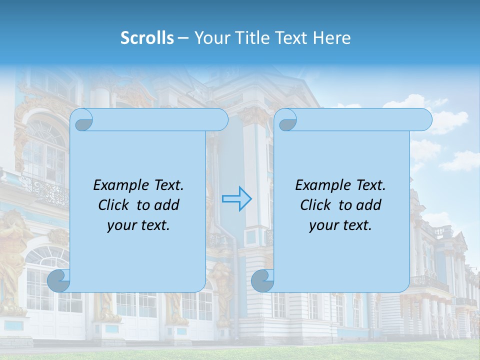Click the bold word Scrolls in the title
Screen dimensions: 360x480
(x=147, y=38)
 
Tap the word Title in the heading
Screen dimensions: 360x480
(x=250, y=38)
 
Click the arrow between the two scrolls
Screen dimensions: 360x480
(x=236, y=199)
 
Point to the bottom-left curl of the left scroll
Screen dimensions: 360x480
(x=59, y=280)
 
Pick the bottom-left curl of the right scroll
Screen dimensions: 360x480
(x=263, y=280)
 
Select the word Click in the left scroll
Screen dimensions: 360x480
(x=114, y=205)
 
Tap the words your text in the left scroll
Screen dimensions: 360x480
(x=138, y=225)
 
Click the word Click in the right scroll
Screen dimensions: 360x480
(x=316, y=205)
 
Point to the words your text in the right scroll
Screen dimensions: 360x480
(x=340, y=225)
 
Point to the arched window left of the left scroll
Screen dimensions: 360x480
(x=45, y=145)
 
